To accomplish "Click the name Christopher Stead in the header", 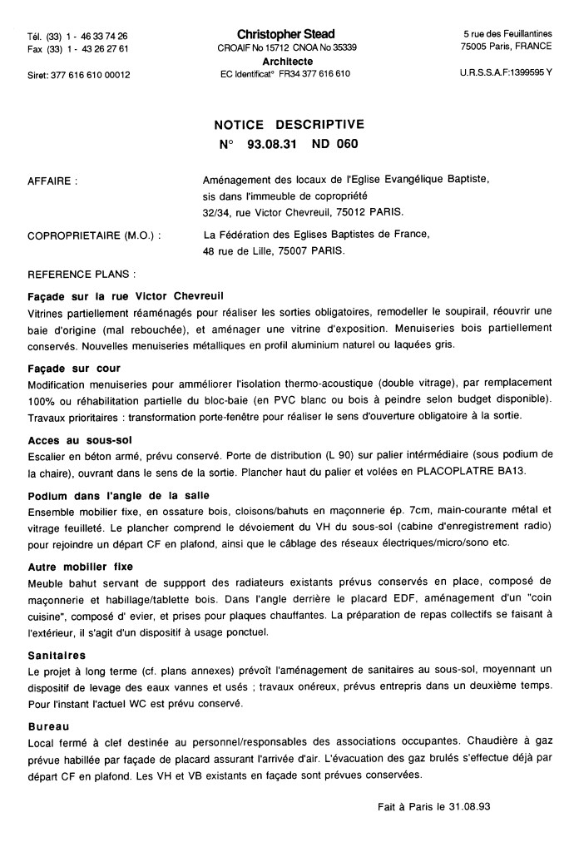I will tap(285, 34).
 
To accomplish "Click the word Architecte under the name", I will tap(287, 62).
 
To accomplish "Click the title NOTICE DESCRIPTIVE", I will tap(288, 125).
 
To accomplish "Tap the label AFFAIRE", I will tap(52, 180).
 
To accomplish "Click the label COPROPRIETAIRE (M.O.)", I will tap(95, 235).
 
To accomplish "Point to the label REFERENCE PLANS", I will tap(82, 274).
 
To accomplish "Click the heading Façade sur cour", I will tap(74, 368).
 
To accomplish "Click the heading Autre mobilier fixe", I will tap(80, 567).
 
